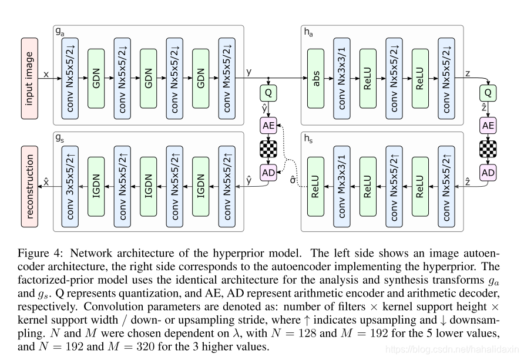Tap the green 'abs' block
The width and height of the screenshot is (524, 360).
[317, 75]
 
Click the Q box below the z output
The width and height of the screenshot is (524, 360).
[488, 93]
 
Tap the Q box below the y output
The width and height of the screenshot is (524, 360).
[268, 93]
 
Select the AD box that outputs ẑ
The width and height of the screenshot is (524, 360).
[488, 172]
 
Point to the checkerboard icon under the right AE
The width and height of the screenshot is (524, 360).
[488, 148]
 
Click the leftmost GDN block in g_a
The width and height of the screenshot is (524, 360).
[96, 75]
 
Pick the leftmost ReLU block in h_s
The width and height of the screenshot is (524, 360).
[317, 186]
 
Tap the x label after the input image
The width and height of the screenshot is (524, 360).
[46, 74]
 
